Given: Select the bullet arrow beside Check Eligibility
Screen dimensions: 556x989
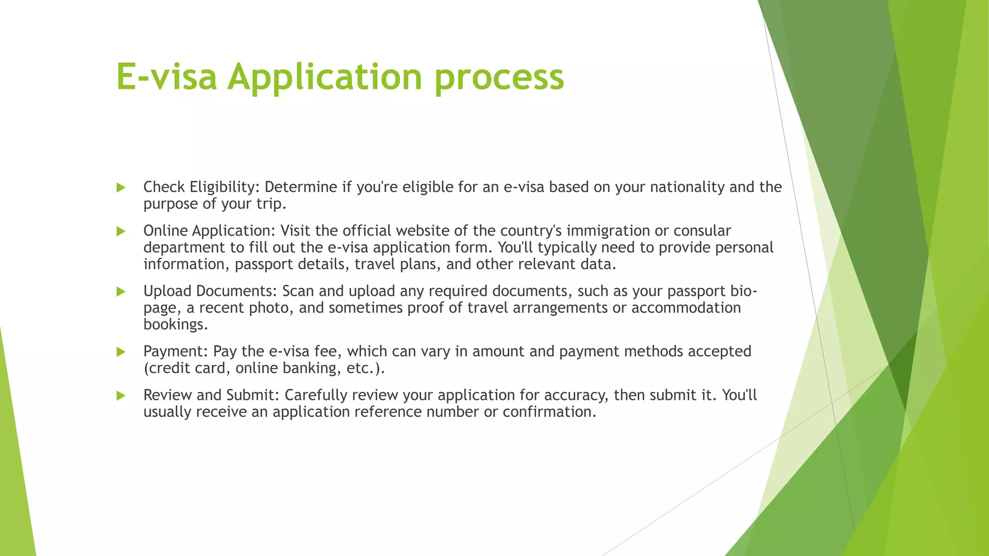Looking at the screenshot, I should coord(121,188).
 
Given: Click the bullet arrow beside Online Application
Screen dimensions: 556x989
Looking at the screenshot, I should coord(121,232).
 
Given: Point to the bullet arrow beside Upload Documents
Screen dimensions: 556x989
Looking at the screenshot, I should coord(121,292).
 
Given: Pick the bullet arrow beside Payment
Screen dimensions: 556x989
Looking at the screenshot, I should coord(121,352).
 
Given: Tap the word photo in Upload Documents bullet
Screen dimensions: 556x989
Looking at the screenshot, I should coord(270,308).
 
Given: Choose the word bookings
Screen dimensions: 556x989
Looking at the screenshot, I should coord(175,325).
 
